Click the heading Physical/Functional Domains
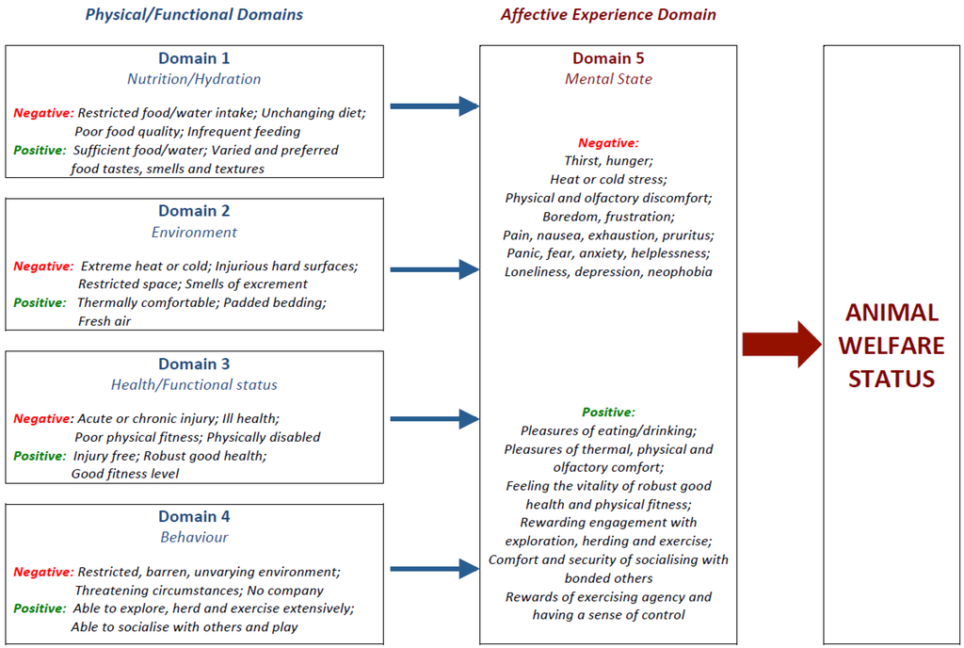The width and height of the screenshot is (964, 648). point(194,14)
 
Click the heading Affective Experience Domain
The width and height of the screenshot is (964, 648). point(608,14)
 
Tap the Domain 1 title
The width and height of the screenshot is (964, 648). point(194,58)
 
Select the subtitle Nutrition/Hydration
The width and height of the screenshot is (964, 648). point(194,79)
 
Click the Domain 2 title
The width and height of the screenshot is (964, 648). point(194,211)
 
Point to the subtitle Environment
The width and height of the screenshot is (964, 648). point(194,232)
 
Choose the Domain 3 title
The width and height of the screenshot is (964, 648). point(194,364)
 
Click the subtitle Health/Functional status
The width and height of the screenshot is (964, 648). point(194,384)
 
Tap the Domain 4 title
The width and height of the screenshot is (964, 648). point(194,516)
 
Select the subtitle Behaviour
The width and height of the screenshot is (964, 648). point(194,537)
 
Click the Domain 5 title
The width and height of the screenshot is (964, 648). point(608,58)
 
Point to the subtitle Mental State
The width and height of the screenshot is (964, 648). point(608,79)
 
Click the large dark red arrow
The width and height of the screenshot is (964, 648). point(781,344)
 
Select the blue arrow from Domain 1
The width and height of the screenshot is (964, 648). point(434,106)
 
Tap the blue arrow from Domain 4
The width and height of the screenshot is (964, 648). point(434,568)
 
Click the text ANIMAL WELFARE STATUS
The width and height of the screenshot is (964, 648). point(891,345)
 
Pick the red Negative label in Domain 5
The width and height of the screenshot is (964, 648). point(608,143)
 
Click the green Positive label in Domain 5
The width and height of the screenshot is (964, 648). point(608,412)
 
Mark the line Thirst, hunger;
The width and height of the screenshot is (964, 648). point(608,161)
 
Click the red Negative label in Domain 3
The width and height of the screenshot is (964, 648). point(42,418)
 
